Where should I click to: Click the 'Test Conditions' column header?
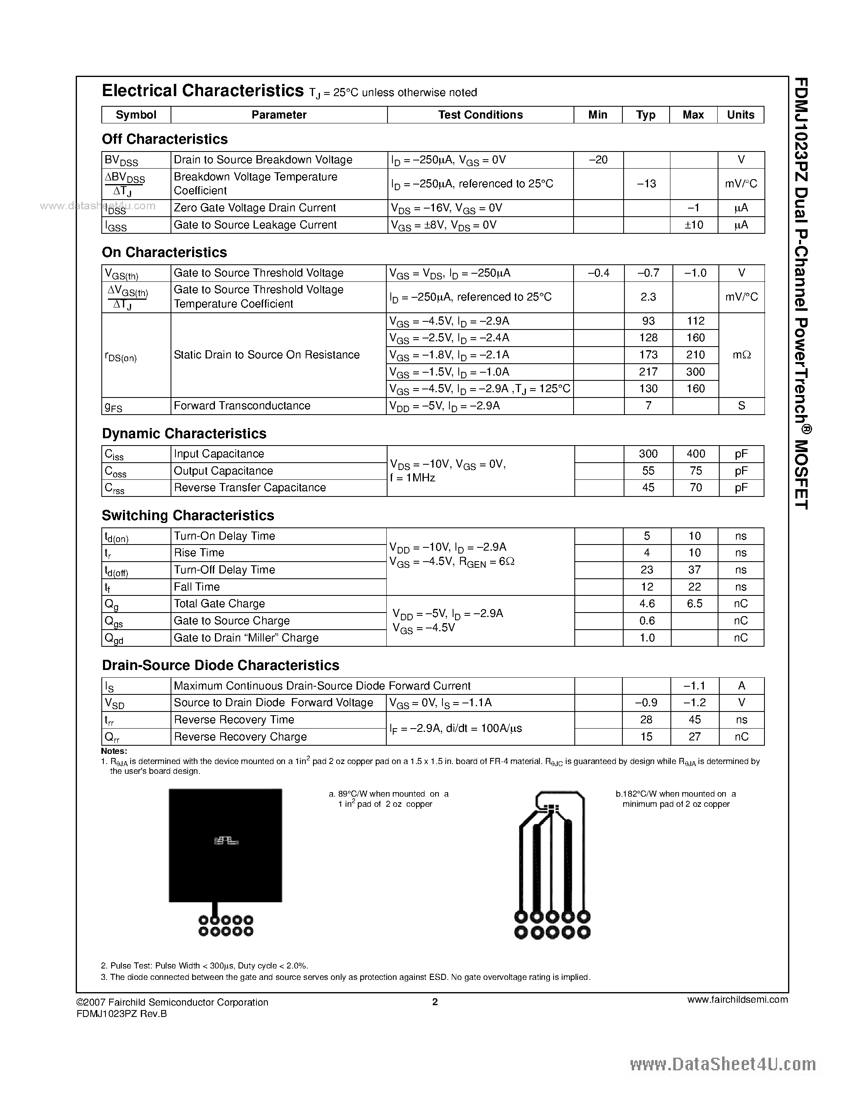[480, 115]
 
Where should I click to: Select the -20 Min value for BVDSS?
[598, 160]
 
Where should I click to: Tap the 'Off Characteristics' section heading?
[164, 139]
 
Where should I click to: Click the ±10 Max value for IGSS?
[694, 225]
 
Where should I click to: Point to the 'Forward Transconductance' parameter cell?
[242, 406]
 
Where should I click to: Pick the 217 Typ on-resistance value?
[648, 372]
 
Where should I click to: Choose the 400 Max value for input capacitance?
[695, 454]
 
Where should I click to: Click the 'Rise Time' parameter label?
[199, 553]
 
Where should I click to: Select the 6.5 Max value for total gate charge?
[694, 604]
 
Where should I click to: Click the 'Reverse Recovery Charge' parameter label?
[240, 737]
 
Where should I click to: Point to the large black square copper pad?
[225, 845]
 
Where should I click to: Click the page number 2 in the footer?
[435, 1001]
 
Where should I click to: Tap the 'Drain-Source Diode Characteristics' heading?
[220, 665]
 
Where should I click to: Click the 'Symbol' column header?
[136, 115]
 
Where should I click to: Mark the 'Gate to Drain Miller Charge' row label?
[246, 638]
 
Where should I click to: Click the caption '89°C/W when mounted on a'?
[388, 794]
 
